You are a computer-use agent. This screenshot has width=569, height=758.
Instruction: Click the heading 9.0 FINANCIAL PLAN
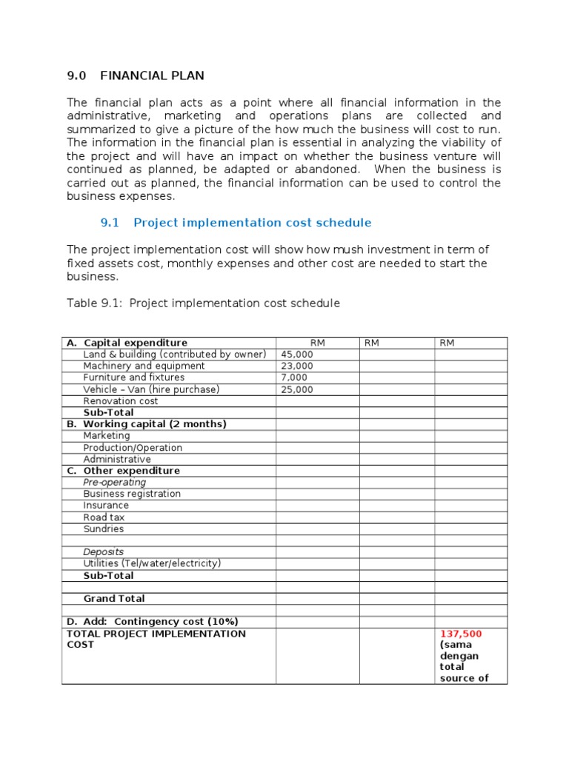point(136,76)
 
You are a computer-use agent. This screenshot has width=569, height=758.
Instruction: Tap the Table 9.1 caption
point(204,303)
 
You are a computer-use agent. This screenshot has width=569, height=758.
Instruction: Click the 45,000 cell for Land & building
point(297,355)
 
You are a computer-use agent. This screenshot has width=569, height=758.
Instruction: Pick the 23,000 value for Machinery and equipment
point(297,366)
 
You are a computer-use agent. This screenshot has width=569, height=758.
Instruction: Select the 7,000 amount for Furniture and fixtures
point(294,378)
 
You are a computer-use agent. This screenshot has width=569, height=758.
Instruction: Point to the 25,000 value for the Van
point(297,389)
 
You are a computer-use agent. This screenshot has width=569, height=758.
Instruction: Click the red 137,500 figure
point(461,634)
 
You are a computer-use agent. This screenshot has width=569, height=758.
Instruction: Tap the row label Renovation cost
point(121,401)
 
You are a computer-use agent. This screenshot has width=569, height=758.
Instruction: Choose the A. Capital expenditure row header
point(127,343)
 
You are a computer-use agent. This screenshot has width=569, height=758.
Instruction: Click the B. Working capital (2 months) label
point(146,424)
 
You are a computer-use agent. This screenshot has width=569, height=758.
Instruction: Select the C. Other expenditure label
point(123,471)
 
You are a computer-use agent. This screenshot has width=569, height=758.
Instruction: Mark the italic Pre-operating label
point(115,483)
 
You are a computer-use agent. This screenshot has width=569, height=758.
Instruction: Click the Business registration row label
point(132,494)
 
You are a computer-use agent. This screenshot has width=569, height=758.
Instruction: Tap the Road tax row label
point(104,517)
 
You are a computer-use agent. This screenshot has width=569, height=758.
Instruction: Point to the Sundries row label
point(104,529)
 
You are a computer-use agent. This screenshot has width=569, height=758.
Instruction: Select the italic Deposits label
point(104,552)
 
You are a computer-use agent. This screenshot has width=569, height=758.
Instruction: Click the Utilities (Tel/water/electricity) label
point(152,563)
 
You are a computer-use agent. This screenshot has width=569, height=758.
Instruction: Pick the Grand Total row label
point(114,599)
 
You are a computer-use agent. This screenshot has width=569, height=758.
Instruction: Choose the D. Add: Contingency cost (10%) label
point(152,622)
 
